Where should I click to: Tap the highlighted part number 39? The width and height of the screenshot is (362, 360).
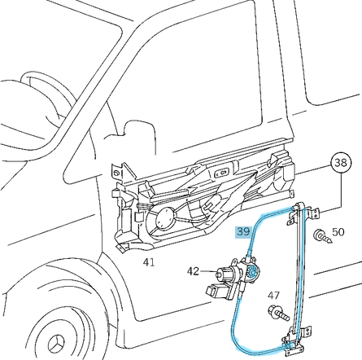click(x=243, y=231)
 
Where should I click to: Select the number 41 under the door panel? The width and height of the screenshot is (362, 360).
click(x=149, y=262)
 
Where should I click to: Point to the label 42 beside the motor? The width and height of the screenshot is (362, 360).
click(x=194, y=272)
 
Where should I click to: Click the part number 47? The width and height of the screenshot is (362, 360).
click(x=274, y=296)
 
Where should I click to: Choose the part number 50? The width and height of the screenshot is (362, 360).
click(x=338, y=232)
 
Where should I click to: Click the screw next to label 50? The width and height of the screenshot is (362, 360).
click(x=321, y=237)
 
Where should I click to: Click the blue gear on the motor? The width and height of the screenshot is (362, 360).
click(x=253, y=273)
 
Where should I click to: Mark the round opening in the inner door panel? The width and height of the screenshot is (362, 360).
click(x=164, y=217)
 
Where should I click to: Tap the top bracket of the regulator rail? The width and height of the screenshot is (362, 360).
click(x=303, y=211)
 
